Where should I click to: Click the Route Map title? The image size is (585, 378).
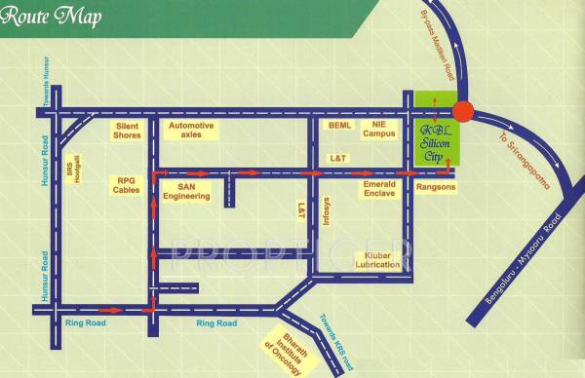pos(50,17)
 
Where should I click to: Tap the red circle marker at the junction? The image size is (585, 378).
pos(463,112)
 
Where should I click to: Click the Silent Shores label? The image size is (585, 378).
pos(128,131)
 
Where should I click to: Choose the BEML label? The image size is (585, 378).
pos(339,127)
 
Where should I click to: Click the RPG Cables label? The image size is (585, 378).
pos(127,185)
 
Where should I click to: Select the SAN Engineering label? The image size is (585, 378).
pos(187,190)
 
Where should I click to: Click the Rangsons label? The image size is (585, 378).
pos(435,184)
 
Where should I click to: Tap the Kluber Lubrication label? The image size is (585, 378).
pos(377,259)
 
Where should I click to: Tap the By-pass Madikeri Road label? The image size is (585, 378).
pos(438,44)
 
